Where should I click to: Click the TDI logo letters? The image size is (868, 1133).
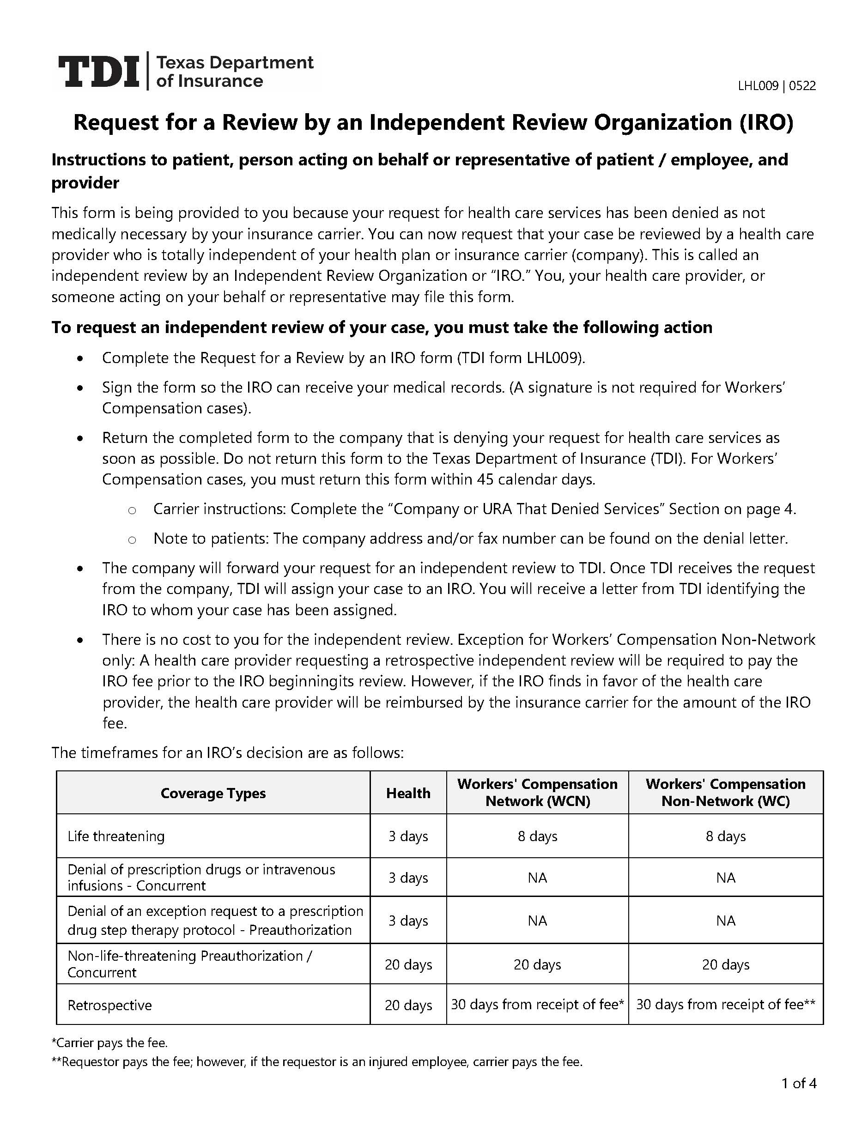(98, 71)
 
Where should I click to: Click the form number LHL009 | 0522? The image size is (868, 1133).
(776, 86)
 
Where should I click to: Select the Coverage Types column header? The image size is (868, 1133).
(213, 793)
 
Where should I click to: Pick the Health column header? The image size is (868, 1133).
(408, 793)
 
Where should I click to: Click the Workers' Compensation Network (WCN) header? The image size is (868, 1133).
(537, 793)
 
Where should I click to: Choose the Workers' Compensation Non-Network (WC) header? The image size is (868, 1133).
(725, 793)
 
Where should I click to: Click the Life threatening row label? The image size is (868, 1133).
(116, 836)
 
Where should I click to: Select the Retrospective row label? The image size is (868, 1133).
(109, 1005)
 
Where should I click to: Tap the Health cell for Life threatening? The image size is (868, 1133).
(408, 836)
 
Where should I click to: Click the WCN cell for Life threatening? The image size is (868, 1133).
(537, 836)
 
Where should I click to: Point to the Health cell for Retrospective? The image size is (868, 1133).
(408, 1005)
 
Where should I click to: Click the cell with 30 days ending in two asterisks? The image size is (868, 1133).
(725, 1004)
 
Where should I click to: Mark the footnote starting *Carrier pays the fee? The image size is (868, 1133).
(109, 1042)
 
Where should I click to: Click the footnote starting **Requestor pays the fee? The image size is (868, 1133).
(317, 1062)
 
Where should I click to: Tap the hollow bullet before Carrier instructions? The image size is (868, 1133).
(132, 510)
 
